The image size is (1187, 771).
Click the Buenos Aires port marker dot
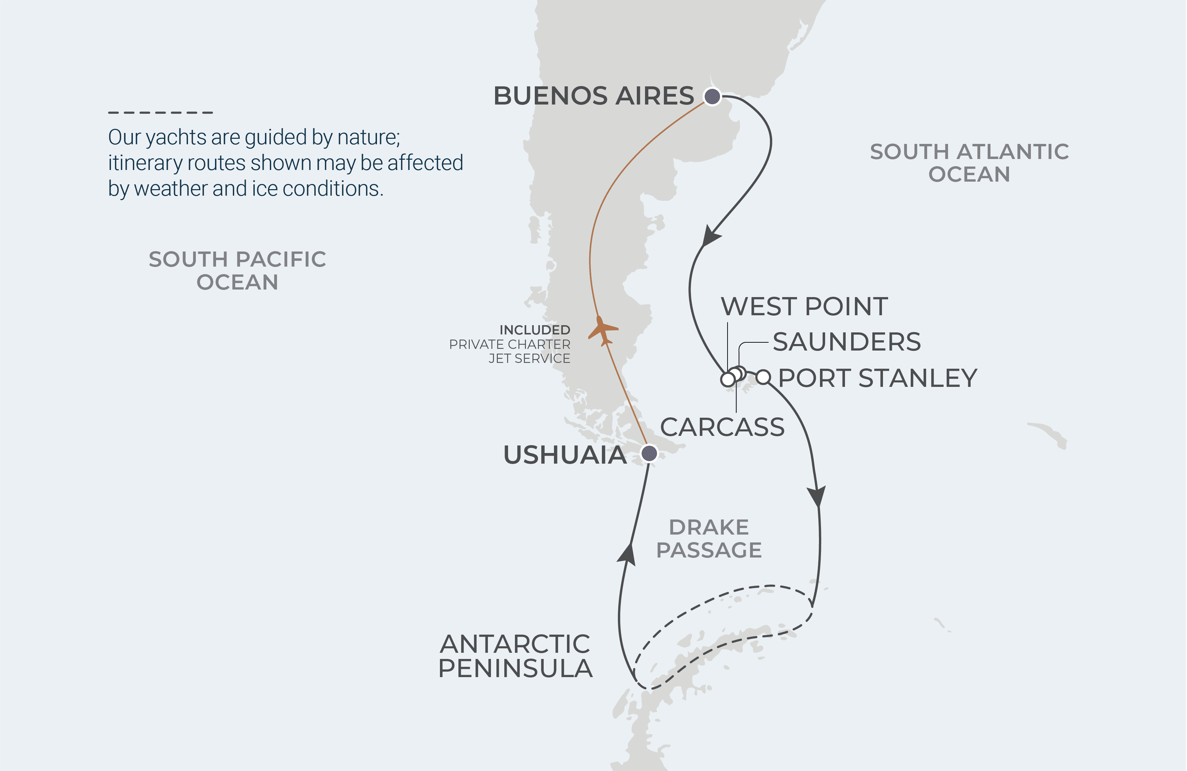[x=712, y=96]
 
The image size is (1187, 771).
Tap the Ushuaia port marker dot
[x=649, y=453]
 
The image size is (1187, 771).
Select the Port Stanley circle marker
[x=763, y=377]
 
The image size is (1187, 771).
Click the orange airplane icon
[x=603, y=330]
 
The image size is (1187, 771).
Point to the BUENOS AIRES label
[x=594, y=96]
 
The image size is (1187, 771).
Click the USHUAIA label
[x=565, y=455]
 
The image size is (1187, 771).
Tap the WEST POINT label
[x=804, y=306]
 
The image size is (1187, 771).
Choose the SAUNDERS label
[x=846, y=342]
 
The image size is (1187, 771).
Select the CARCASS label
[x=722, y=427]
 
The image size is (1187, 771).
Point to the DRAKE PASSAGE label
[x=709, y=538]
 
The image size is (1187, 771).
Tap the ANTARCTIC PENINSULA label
[x=515, y=656]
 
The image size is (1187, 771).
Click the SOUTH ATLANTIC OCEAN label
[x=969, y=163]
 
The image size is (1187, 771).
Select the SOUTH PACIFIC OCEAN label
[x=237, y=270]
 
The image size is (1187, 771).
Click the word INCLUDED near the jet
[x=535, y=330]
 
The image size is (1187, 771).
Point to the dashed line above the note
[x=161, y=113]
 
